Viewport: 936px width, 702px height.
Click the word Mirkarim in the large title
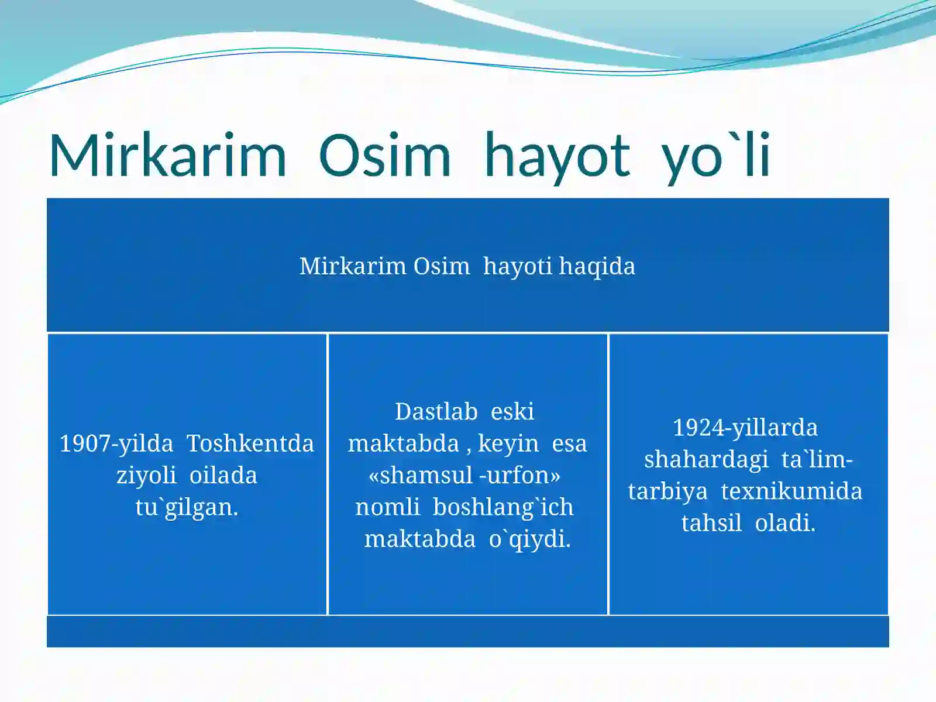pyautogui.click(x=168, y=156)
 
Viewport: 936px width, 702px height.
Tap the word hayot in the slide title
pyautogui.click(x=557, y=156)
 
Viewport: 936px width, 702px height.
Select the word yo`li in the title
pyautogui.click(x=716, y=156)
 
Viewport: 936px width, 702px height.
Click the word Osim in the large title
pyautogui.click(x=385, y=156)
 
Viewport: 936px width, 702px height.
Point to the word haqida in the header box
pyautogui.click(x=597, y=266)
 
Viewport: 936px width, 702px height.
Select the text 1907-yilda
pyautogui.click(x=116, y=443)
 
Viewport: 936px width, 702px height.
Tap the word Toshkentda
pyautogui.click(x=250, y=443)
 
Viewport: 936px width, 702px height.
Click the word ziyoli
pyautogui.click(x=146, y=475)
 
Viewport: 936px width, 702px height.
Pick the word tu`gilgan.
pyautogui.click(x=187, y=507)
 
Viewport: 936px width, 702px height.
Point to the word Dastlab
pyautogui.click(x=436, y=411)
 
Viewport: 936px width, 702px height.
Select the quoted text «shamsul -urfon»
pyautogui.click(x=464, y=475)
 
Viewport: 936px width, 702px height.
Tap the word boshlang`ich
pyautogui.click(x=503, y=507)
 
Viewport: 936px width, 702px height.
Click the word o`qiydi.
pyautogui.click(x=529, y=539)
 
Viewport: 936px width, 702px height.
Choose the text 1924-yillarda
pyautogui.click(x=745, y=428)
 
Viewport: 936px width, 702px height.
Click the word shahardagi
pyautogui.click(x=706, y=459)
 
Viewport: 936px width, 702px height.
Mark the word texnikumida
pyautogui.click(x=792, y=491)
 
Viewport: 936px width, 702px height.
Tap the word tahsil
pyautogui.click(x=711, y=522)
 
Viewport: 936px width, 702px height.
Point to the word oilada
pyautogui.click(x=223, y=475)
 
